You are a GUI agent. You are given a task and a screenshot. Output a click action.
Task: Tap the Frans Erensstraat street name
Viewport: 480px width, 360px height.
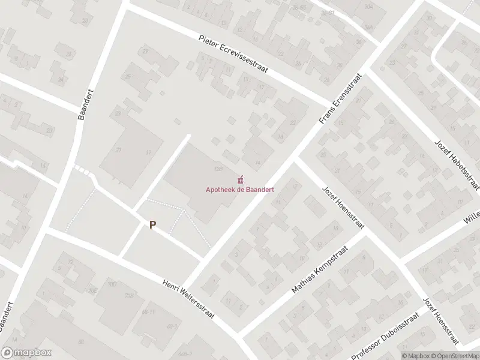335,100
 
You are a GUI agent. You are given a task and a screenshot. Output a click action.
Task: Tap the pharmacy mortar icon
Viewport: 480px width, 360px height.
241,179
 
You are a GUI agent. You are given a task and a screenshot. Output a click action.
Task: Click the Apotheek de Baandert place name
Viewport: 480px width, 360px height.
240,189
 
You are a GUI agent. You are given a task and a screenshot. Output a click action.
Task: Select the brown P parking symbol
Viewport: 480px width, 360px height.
153,225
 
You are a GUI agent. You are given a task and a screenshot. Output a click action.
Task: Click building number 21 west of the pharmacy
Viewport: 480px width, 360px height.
119,150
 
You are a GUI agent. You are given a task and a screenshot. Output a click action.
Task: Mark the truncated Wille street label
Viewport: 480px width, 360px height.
472,217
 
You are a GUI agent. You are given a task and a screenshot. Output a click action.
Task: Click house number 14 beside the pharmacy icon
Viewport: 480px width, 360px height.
258,162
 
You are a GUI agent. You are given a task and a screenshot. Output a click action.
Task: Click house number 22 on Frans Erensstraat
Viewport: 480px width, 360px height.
293,122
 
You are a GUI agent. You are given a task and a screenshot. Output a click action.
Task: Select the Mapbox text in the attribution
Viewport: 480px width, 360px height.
414,355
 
